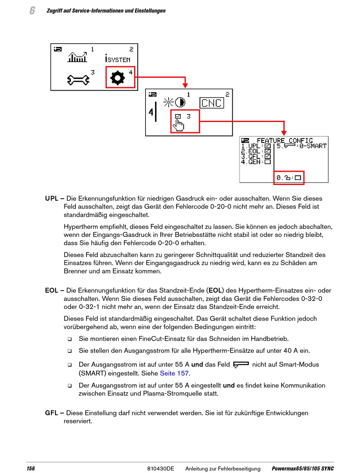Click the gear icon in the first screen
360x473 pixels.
click(117, 78)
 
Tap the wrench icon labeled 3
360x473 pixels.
click(78, 79)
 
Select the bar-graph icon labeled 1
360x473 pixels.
click(77, 57)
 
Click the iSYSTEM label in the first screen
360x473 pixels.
click(117, 58)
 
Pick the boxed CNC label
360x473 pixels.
click(212, 103)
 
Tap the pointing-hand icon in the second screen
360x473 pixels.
click(178, 124)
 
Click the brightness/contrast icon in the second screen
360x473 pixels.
click(174, 102)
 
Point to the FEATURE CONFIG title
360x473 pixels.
click(285, 141)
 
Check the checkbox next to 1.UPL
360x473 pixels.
click(268, 146)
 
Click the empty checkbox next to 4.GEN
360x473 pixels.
click(268, 162)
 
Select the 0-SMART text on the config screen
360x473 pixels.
click(313, 146)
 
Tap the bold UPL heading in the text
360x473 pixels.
click(52, 199)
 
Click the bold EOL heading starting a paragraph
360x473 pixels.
click(51, 291)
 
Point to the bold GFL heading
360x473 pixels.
click(52, 413)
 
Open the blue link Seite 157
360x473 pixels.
click(174, 373)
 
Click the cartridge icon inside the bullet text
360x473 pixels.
click(241, 365)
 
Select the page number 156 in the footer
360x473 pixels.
click(31, 469)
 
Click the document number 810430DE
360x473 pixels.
click(160, 469)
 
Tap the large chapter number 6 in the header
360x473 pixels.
click(32, 11)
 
